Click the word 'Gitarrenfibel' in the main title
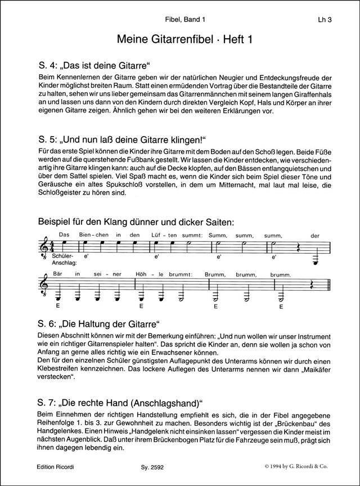click(179, 39)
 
